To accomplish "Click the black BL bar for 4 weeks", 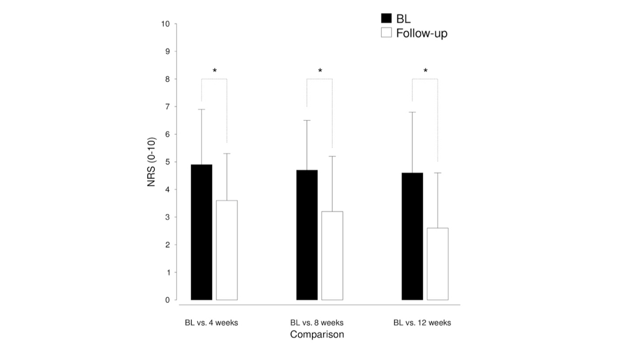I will pos(202,232).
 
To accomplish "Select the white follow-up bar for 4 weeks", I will pos(227,250).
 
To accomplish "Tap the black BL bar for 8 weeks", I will pos(307,235).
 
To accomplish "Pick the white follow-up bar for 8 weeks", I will pos(332,256).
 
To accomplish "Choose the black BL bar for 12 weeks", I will pos(412,236).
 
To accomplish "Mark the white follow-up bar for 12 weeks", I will pos(438,264).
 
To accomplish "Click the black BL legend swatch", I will pos(386,19).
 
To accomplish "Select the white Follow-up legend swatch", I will pos(386,33).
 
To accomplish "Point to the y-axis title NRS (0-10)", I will pos(152,162).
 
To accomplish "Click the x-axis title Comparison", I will pos(317,335).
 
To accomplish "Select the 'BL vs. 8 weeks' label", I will pos(317,323).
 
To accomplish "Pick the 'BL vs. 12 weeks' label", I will pos(422,323).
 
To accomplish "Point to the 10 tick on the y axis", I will pos(165,24).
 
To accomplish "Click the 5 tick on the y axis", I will pos(167,162).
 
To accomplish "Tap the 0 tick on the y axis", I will pos(167,300).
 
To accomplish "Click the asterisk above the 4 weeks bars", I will pos(214,71).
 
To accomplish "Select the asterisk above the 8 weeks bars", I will pos(320,71).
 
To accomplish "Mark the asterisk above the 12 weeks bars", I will pos(425,71).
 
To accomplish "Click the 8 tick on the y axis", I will pos(167,79).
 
